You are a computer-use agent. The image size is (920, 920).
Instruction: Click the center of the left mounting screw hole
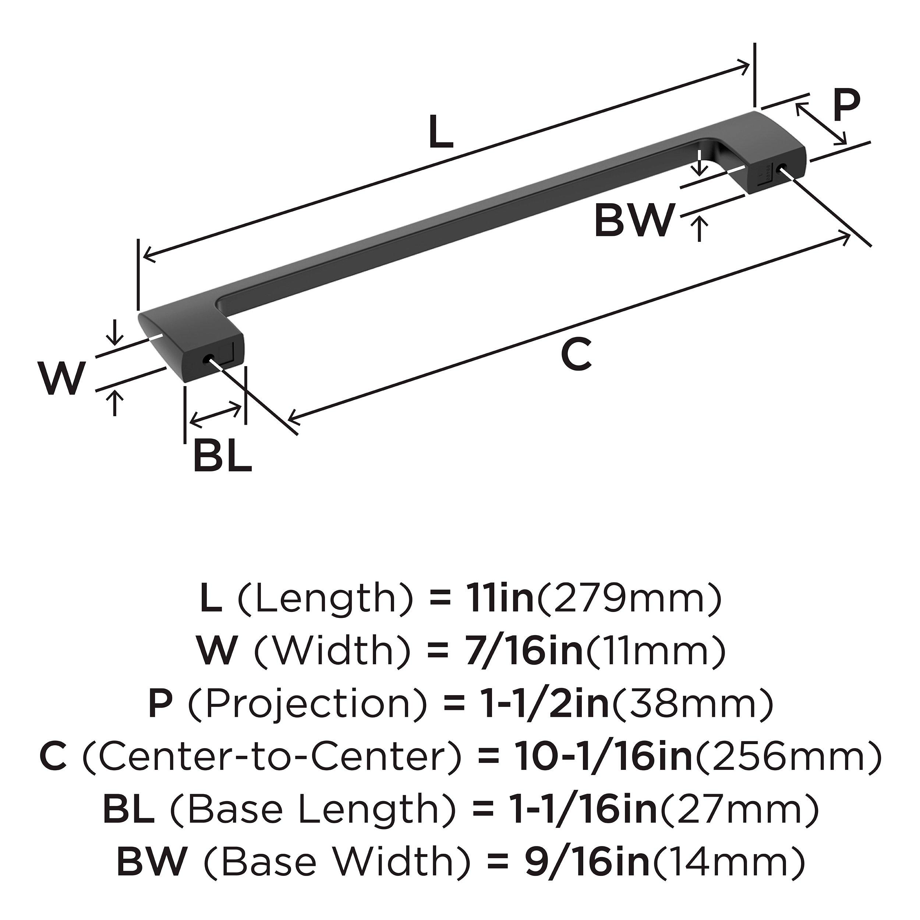click(208, 359)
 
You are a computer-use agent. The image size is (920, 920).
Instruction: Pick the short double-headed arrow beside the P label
click(821, 124)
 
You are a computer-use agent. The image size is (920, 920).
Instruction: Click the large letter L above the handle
click(440, 131)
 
